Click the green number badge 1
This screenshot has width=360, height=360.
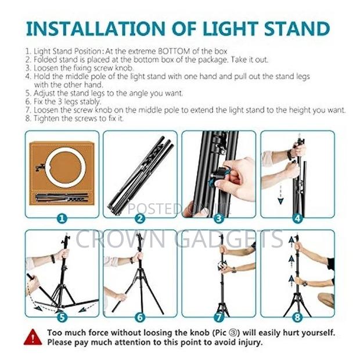pyautogui.click(x=62, y=219)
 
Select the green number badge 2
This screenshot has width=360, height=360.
pyautogui.click(x=140, y=219)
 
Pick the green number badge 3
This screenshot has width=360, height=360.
pyautogui.click(x=218, y=219)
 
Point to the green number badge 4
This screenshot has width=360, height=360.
pyautogui.click(x=297, y=219)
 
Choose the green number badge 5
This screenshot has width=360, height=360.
pyautogui.click(x=62, y=318)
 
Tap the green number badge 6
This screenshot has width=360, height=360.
pyautogui.click(x=140, y=318)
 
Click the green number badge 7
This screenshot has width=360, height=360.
pyautogui.click(x=218, y=318)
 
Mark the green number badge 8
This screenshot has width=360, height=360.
pyautogui.click(x=297, y=318)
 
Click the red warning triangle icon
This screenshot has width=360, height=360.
pyautogui.click(x=33, y=337)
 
